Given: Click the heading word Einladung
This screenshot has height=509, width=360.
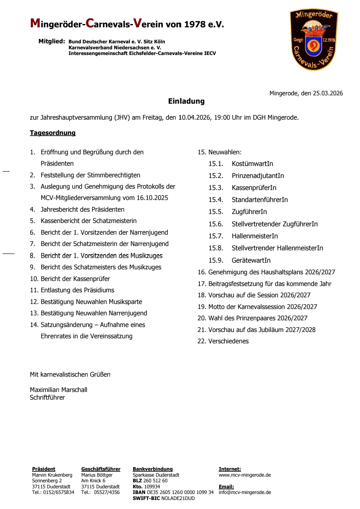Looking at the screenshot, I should (186, 101).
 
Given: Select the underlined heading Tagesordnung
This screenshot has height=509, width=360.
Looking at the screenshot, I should (53, 133).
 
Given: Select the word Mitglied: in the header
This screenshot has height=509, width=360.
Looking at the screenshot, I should (52, 41).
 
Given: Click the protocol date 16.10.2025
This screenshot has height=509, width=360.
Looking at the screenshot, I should (152, 198).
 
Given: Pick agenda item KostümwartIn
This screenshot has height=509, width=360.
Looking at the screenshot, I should (252, 164).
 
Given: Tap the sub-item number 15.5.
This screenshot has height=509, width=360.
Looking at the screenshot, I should (216, 212).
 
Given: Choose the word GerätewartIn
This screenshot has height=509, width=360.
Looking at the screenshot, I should (251, 260).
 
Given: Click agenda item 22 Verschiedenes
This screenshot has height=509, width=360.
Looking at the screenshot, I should (223, 341).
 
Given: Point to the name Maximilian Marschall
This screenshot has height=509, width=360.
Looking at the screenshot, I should (59, 390).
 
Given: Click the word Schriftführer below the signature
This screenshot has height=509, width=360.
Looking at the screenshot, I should (47, 397).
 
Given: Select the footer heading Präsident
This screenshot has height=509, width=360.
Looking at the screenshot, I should (44, 469).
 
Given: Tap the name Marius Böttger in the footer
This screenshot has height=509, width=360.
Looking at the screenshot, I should (97, 475).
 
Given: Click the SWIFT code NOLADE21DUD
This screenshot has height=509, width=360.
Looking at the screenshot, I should (178, 498).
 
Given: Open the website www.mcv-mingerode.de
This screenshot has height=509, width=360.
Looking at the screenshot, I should (245, 475).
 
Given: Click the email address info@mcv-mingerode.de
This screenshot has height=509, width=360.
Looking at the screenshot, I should (245, 492).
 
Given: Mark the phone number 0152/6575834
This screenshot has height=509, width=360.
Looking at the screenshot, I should (59, 492).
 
